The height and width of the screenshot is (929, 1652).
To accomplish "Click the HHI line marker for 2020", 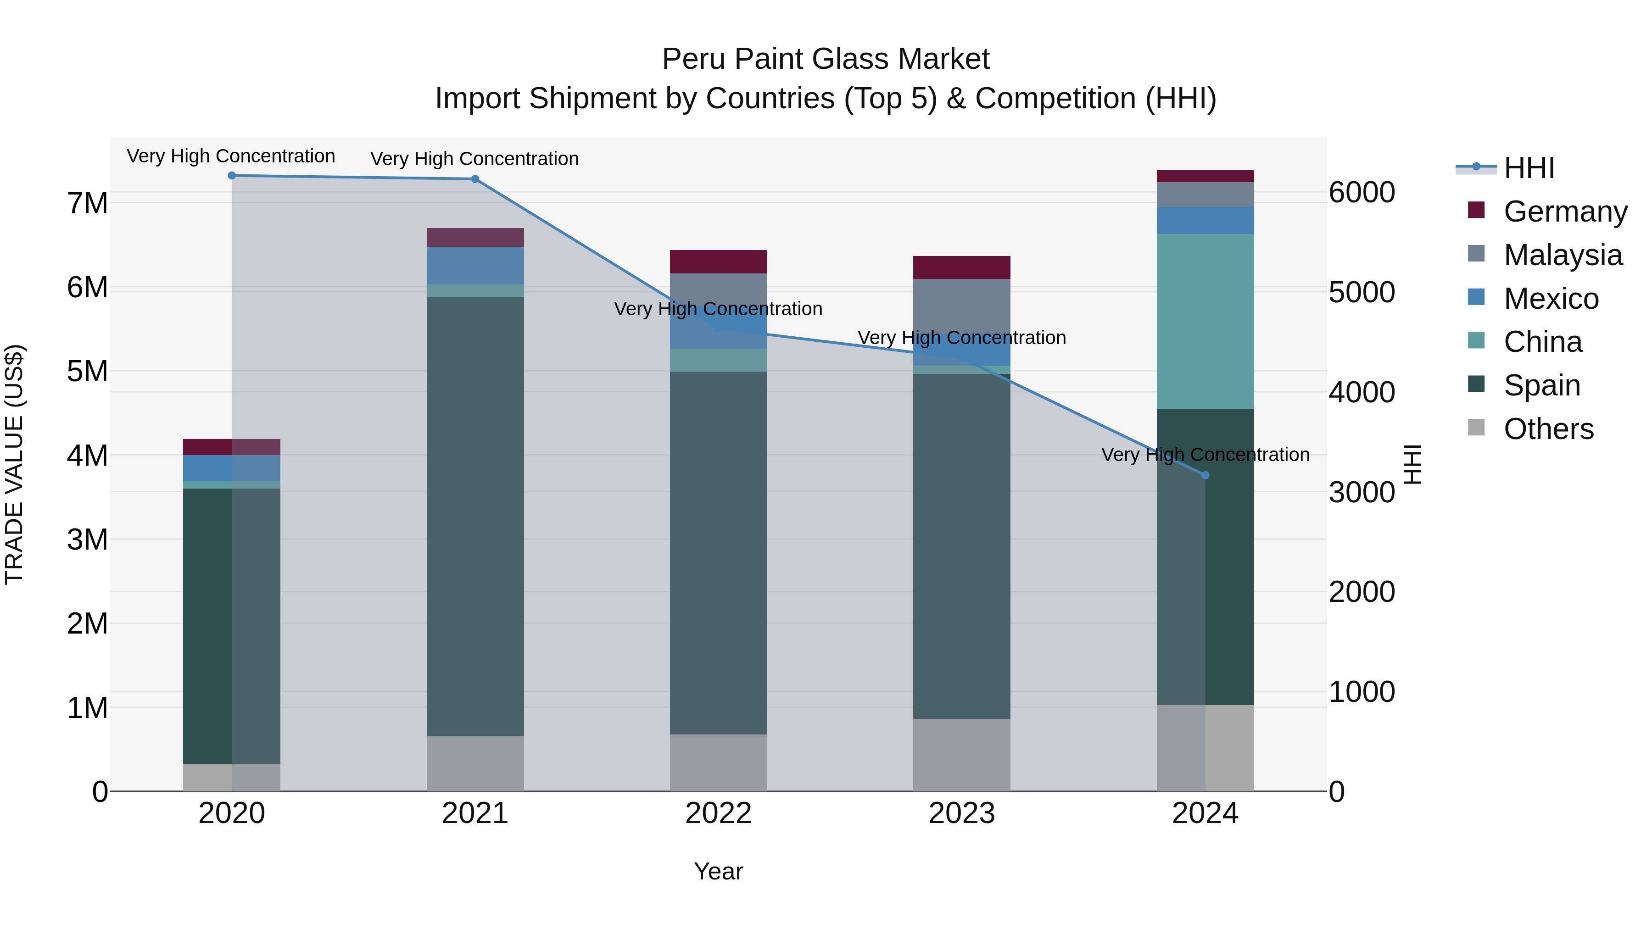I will tap(232, 176).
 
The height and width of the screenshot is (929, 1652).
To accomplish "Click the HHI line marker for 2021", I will tap(475, 179).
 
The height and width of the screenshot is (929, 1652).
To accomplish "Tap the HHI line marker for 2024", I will tap(1205, 475).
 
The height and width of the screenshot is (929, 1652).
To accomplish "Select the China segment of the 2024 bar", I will tap(1205, 321).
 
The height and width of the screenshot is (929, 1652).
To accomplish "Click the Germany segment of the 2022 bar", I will tap(718, 261).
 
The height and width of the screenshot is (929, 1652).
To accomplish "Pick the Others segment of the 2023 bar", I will tap(961, 755).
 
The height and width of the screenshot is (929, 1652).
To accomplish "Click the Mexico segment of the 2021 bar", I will tap(475, 266).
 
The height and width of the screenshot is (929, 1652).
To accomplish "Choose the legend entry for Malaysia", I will tap(1563, 255).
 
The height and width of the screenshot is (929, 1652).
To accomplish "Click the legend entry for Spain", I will tap(1542, 385).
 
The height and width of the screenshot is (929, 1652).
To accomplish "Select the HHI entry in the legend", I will tap(1529, 168).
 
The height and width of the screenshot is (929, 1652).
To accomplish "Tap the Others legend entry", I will tap(1548, 429).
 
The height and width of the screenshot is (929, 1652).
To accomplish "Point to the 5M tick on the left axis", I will tap(87, 371).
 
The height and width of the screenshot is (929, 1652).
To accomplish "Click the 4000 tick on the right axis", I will tap(1362, 392).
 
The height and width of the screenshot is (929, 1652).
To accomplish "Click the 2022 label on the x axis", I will tap(718, 813).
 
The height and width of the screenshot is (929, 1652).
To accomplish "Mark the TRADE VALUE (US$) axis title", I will tap(14, 464).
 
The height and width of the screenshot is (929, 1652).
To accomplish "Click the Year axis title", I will tap(718, 871).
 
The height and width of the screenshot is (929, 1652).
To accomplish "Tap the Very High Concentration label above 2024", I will tap(1205, 455).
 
